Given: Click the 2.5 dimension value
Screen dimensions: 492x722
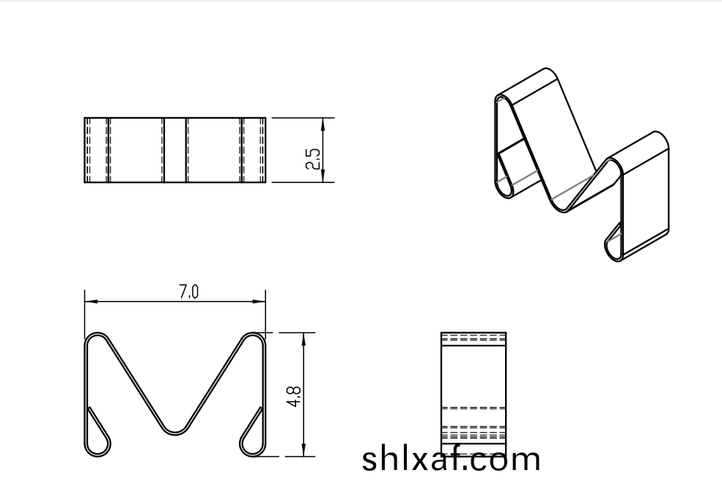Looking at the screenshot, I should (x=313, y=159).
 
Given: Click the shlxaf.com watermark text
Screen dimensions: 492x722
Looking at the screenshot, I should (x=452, y=459).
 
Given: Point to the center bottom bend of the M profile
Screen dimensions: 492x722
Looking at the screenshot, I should (x=174, y=428).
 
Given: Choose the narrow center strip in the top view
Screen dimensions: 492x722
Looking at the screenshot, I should (x=174, y=149).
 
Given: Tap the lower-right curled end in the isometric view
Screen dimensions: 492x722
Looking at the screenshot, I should (x=614, y=245).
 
